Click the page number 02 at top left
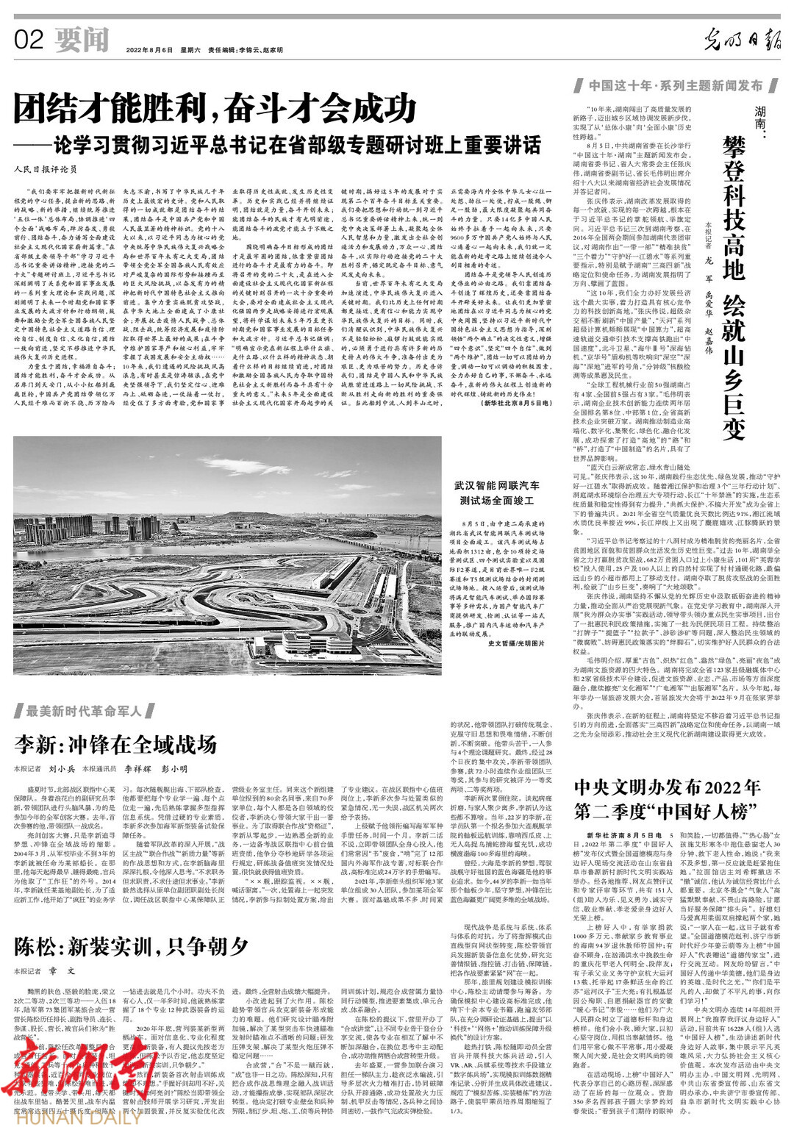(29, 39)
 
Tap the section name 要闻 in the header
(81, 39)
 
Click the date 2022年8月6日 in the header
(150, 50)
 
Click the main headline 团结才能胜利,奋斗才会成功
(215, 110)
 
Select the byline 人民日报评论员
(45, 169)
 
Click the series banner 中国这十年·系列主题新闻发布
(674, 86)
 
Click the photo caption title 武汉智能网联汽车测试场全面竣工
(496, 493)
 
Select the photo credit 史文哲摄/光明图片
(516, 643)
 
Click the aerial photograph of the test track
(227, 556)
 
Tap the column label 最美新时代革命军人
(85, 711)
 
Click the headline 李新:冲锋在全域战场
(115, 744)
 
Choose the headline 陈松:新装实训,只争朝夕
(131, 946)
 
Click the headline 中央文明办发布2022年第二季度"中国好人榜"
(667, 799)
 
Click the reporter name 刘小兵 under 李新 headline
(62, 769)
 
